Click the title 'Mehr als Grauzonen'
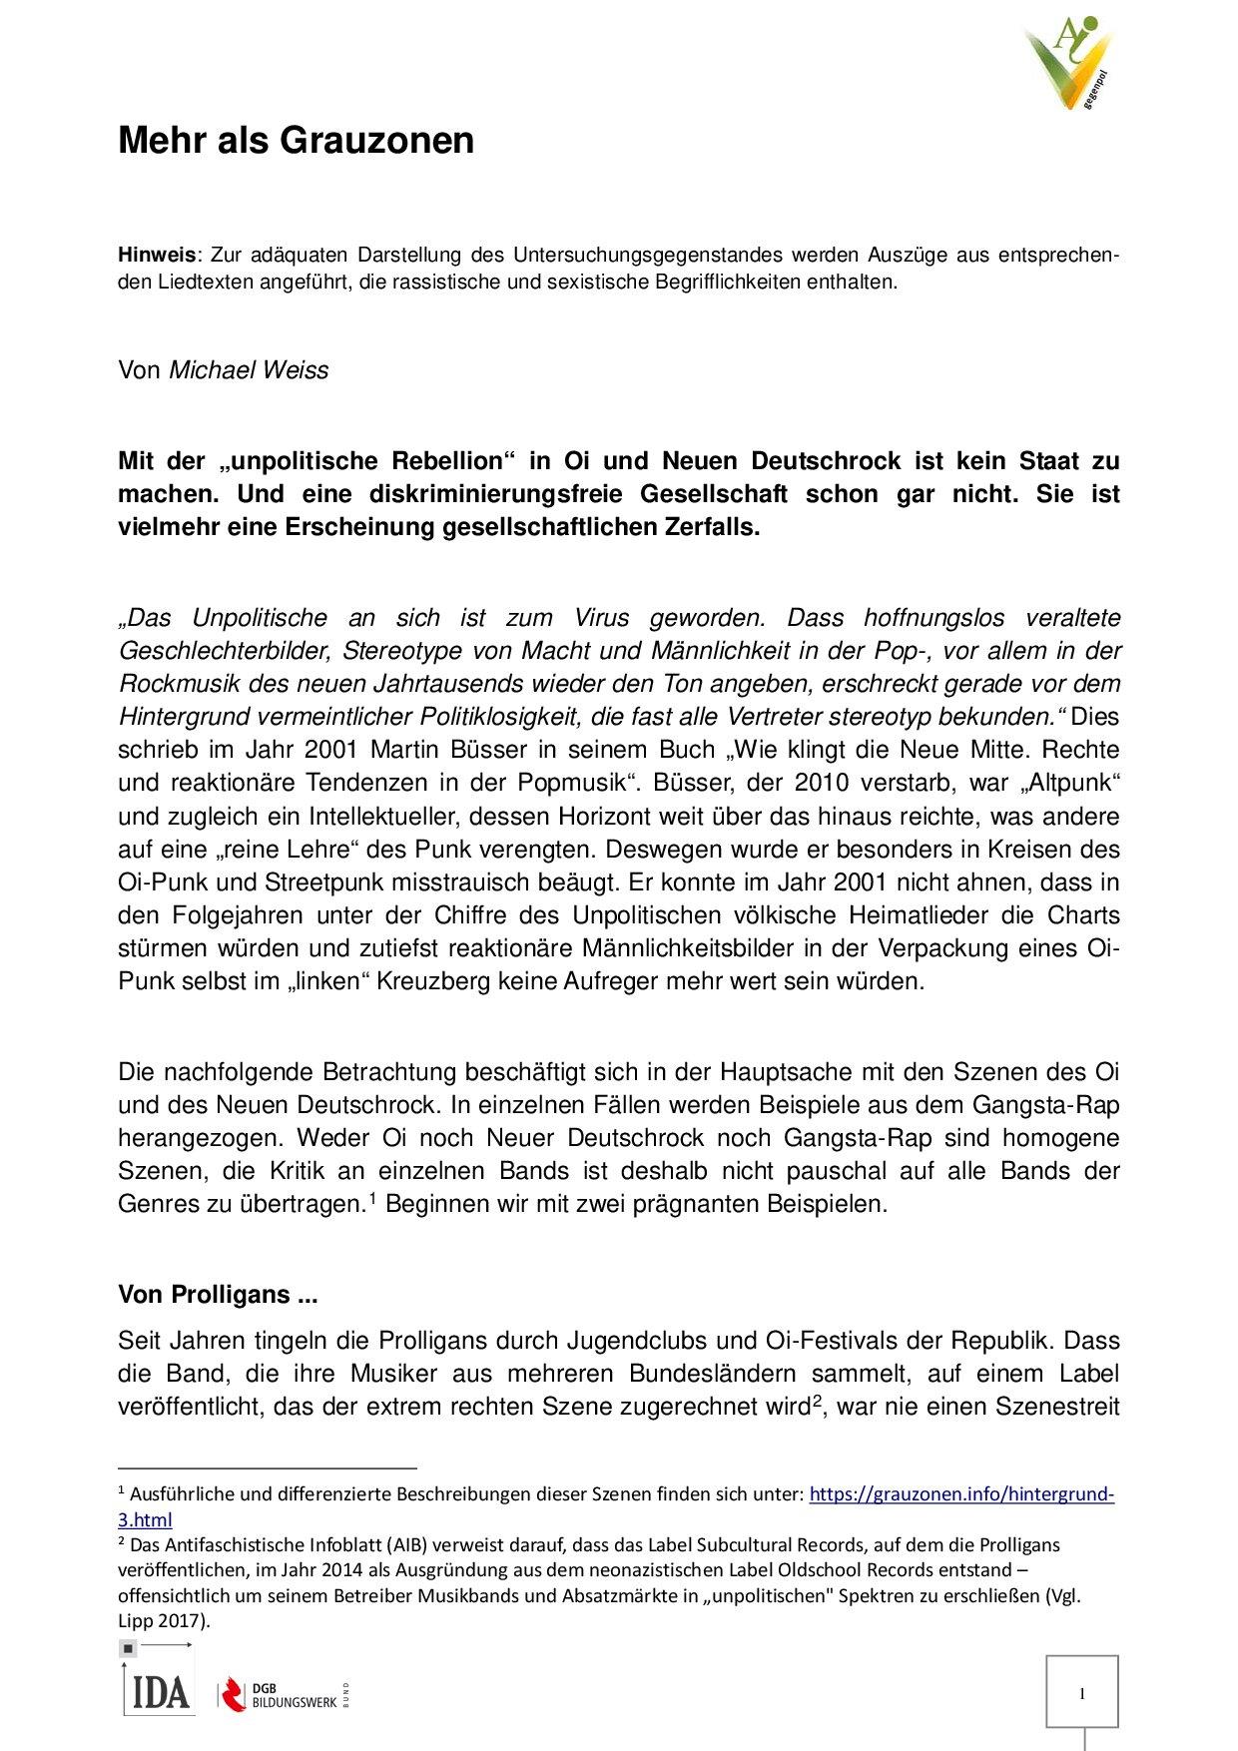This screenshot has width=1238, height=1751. click(296, 141)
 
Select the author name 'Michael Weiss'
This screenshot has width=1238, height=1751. click(249, 370)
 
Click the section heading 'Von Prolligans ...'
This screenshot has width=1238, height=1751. click(218, 1297)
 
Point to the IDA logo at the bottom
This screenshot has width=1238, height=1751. click(158, 1691)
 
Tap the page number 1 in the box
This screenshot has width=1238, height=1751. click(1081, 1693)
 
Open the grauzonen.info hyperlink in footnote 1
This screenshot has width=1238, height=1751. click(960, 1494)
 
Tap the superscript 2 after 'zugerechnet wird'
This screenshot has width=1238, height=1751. click(816, 1401)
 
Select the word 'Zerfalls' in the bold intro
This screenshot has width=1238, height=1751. click(710, 527)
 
